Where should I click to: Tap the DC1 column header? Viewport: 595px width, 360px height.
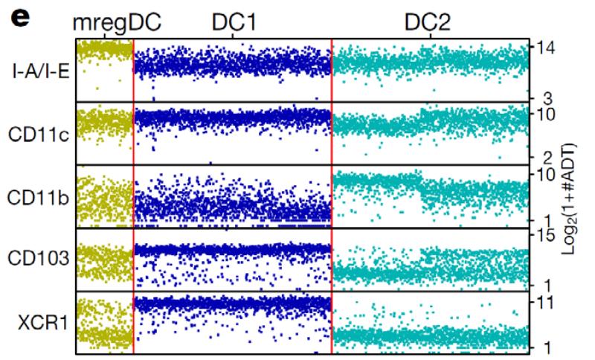click(x=233, y=22)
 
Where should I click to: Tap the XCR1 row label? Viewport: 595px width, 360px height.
click(x=46, y=324)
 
